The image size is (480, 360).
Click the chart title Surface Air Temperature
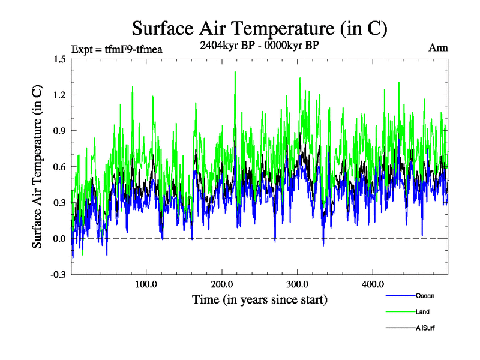pyautogui.click(x=259, y=29)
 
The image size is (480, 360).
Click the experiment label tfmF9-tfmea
pyautogui.click(x=116, y=49)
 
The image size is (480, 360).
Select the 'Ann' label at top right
pyautogui.click(x=438, y=48)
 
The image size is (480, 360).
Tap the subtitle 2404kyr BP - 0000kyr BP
pyautogui.click(x=259, y=44)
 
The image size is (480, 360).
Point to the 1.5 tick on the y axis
pyautogui.click(x=59, y=59)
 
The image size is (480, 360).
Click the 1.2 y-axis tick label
pyautogui.click(x=59, y=95)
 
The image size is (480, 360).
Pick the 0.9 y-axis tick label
pyautogui.click(x=59, y=131)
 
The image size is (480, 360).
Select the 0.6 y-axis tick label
pyautogui.click(x=59, y=167)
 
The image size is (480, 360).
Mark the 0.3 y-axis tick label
pyautogui.click(x=59, y=203)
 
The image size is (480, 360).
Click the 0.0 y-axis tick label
pyautogui.click(x=59, y=239)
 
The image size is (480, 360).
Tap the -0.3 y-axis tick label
pyautogui.click(x=58, y=275)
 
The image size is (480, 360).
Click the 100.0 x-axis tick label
pyautogui.click(x=146, y=284)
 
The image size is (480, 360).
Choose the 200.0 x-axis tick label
pyautogui.click(x=222, y=284)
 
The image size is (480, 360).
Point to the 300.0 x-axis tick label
pyautogui.click(x=298, y=284)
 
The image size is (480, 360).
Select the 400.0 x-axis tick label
pyautogui.click(x=373, y=284)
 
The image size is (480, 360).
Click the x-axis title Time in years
pyautogui.click(x=259, y=299)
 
